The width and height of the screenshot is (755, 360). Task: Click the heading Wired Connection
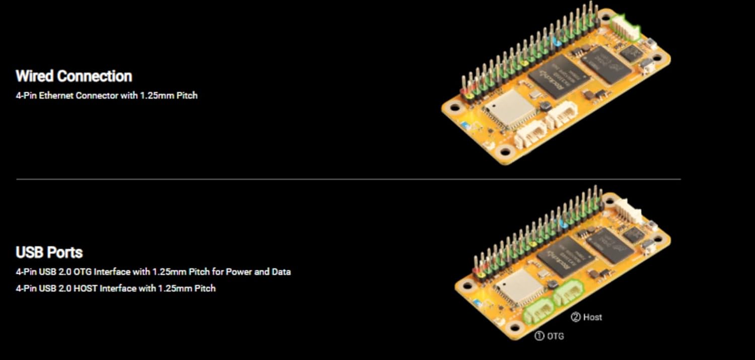[x=74, y=76]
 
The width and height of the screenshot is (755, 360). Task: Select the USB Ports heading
[x=49, y=252]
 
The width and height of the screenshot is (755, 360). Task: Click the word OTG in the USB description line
[x=82, y=272]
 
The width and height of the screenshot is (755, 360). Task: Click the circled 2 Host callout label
[x=586, y=317]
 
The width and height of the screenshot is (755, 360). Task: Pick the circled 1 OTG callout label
[x=549, y=336]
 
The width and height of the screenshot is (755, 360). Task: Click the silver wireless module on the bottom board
[x=519, y=286]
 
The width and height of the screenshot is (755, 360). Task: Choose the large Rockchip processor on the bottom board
[x=566, y=257]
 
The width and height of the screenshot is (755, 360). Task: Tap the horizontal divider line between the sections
[x=348, y=179]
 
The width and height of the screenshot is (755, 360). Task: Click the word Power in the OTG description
[x=239, y=272]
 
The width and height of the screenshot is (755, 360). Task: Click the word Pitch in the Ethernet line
[x=187, y=95]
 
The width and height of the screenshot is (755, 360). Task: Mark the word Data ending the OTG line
[x=281, y=272]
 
